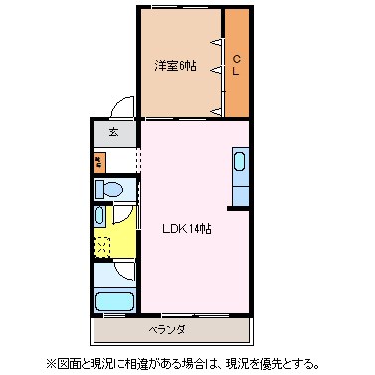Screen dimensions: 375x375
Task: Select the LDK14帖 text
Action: [187, 228]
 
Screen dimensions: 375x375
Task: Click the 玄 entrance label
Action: [113, 132]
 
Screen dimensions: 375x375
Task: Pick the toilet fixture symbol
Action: [109, 188]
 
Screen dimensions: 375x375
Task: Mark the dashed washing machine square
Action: [103, 245]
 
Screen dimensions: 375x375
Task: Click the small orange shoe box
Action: [99, 159]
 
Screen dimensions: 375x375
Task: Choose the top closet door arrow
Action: [217, 42]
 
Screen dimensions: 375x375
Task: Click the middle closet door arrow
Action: [217, 77]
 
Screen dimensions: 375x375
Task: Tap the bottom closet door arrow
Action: [217, 111]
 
